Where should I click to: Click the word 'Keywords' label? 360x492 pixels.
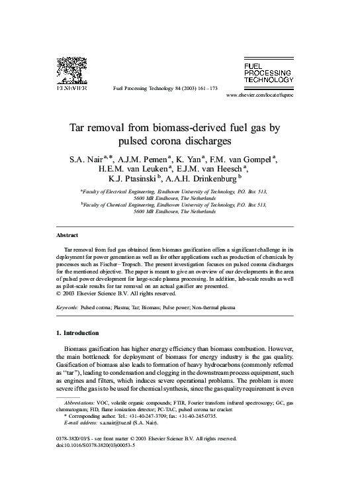pyautogui.click(x=67, y=308)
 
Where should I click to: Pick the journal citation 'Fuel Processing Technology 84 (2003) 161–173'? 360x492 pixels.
pyautogui.click(x=166, y=87)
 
